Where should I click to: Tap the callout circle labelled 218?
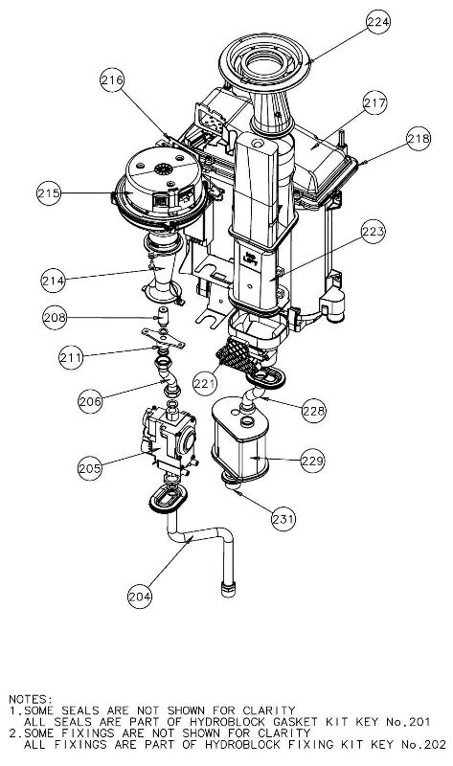pos(418,139)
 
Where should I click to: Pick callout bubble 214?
pos(55,281)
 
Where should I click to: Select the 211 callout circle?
pos(67,356)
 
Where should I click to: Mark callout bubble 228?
pos(313,410)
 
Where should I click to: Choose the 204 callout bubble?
pos(141,596)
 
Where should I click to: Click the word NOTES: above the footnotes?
pos(30,700)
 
